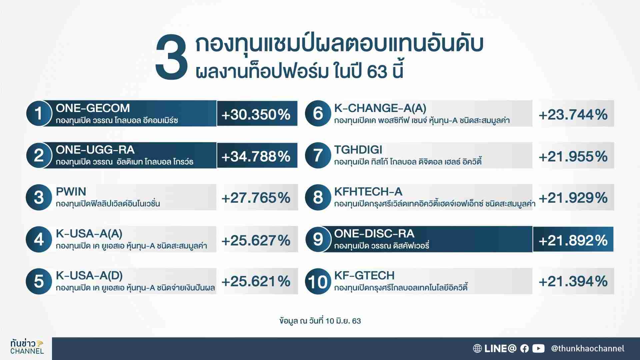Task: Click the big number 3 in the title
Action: pos(172,59)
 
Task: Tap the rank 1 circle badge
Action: pos(39,113)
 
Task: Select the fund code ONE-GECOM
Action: pos(93,108)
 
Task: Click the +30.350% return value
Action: pos(256,115)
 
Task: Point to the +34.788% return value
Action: pos(256,156)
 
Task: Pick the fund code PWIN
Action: pos(71,192)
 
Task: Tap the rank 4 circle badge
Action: pos(39,239)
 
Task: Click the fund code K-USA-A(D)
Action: pos(89,276)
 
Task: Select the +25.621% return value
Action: pos(256,282)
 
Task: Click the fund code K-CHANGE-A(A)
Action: pos(380,108)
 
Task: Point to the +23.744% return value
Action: pos(573,115)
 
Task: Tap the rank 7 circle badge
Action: pos(318,155)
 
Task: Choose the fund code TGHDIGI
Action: pos(358,150)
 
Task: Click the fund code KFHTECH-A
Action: pos(368,192)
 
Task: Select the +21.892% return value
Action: pos(573,240)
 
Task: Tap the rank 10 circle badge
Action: pos(318,281)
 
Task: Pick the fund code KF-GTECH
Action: pos(364,276)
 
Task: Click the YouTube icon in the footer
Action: pos(538,348)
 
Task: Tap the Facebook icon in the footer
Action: pos(524,348)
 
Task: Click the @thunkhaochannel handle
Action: pos(588,349)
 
